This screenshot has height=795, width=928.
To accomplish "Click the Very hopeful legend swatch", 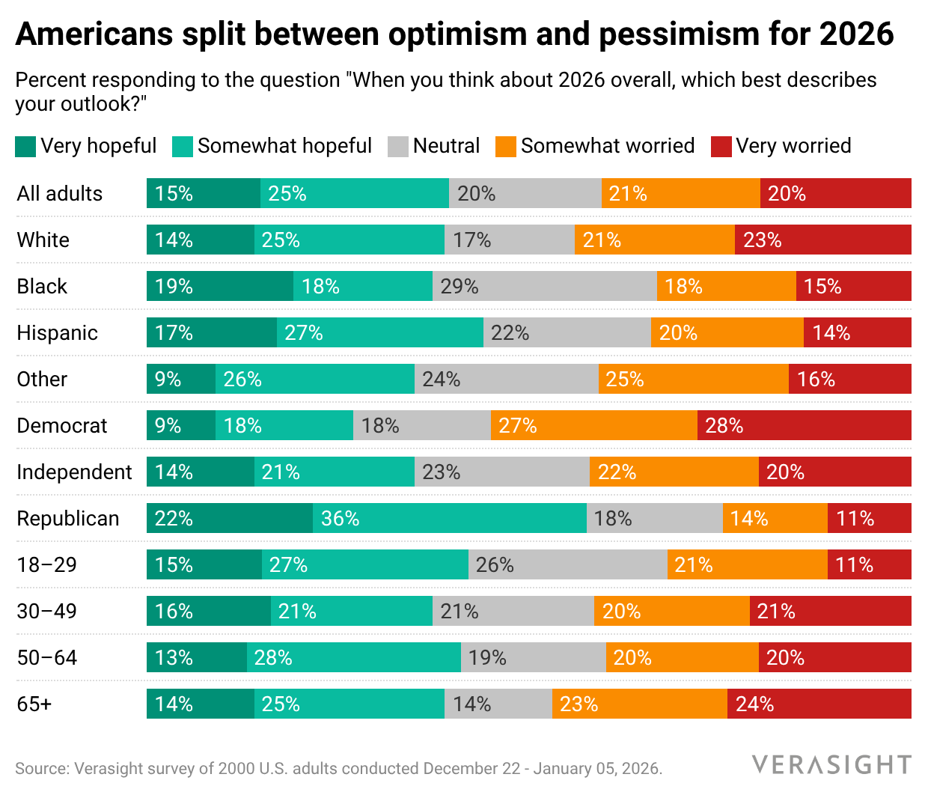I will point(25,147).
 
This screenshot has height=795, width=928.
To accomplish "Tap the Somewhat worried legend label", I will point(607,146).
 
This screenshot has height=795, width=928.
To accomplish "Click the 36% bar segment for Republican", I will point(449,518).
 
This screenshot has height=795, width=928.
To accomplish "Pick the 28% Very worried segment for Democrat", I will point(804,425).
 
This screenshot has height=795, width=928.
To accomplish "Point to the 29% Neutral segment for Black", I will point(544,286).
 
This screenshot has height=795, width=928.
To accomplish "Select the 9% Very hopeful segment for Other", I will point(180,379).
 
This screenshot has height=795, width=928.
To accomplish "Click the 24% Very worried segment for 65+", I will point(819,704).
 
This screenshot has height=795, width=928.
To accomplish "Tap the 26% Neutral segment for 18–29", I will point(567,564).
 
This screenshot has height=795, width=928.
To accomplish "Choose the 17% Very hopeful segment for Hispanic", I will point(211,332).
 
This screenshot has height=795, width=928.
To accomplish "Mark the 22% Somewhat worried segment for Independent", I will point(674,472).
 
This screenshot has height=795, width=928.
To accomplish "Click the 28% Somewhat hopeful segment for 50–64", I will point(353,657).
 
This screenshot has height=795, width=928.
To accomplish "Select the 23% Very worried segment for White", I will point(822,240).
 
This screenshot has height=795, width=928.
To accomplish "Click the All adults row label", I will point(59,194).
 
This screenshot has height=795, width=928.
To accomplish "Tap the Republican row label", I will point(67,519).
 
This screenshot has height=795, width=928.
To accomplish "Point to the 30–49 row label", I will point(46,612).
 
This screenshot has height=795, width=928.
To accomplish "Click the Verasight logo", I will point(831,765).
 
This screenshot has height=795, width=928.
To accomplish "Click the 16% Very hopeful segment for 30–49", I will point(208,611).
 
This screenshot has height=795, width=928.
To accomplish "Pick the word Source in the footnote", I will point(40,769).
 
